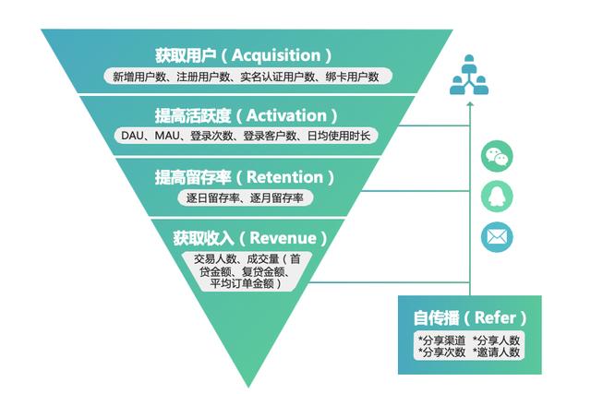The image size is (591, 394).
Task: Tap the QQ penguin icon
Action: (x=497, y=197)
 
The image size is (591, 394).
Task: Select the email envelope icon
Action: (x=497, y=237)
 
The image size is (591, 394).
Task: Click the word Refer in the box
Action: (x=501, y=318)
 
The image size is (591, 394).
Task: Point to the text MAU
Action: (x=167, y=136)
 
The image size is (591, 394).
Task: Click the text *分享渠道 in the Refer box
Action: (x=440, y=339)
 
